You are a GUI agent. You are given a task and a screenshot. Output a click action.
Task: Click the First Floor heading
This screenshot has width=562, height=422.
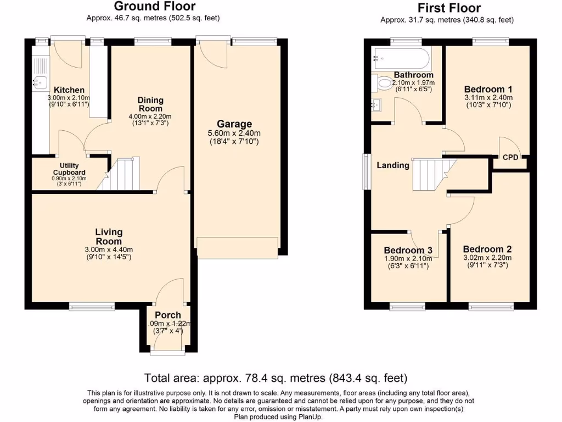coord(448,8)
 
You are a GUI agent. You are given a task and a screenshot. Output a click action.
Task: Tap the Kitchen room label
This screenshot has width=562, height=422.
coord(69,90)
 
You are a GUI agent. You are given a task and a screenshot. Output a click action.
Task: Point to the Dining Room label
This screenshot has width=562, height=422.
coord(150,104)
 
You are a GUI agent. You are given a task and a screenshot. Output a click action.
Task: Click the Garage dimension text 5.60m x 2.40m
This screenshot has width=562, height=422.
coord(234,134)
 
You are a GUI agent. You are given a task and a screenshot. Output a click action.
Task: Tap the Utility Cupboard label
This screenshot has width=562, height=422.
coord(69,169)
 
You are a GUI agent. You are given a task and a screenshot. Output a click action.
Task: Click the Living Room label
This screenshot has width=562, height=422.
coord(109,237)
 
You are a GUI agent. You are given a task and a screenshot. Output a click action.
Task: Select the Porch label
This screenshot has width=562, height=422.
coord(168,315)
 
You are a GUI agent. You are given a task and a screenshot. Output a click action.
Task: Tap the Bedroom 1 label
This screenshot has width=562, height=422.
coord(488,89)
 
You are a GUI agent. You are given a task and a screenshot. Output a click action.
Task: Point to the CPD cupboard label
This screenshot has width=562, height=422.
coord(510,157)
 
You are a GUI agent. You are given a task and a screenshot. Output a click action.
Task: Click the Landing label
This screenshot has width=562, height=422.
coord(393,165)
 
